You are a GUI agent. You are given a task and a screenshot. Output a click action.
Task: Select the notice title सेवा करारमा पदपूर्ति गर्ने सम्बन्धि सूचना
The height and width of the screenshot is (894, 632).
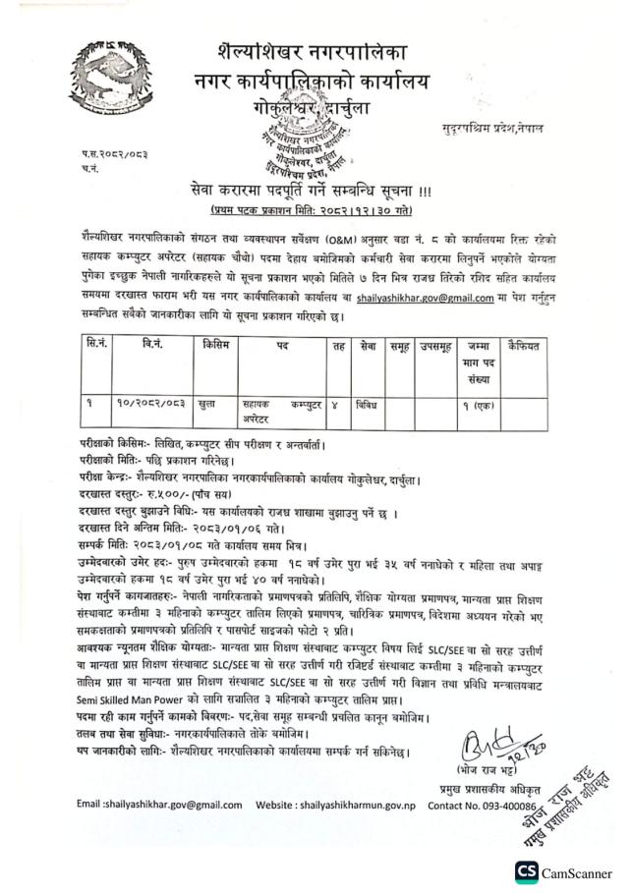click(315, 189)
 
